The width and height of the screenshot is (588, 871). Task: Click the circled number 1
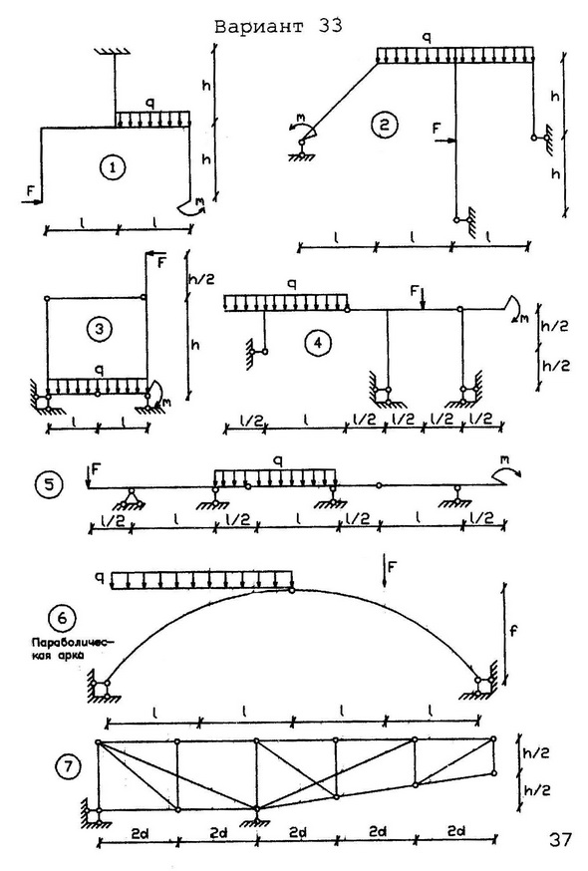(x=114, y=167)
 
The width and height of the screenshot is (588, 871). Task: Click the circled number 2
(x=384, y=125)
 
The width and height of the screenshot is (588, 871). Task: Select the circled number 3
(x=99, y=329)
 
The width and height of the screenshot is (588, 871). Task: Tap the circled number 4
(x=317, y=343)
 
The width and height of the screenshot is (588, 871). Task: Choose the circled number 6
(x=62, y=618)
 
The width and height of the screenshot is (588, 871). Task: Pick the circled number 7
(x=68, y=767)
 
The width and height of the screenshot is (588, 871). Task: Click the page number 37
(x=559, y=839)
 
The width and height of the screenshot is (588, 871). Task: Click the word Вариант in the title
(x=259, y=27)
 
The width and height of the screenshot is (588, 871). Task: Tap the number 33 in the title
(x=331, y=26)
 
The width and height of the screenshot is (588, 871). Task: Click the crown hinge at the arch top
(x=292, y=590)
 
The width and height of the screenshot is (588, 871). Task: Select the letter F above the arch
(x=393, y=567)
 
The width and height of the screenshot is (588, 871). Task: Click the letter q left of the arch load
(x=100, y=579)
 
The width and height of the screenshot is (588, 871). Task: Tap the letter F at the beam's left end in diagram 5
(x=97, y=469)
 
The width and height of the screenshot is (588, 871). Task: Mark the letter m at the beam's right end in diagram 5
(x=504, y=460)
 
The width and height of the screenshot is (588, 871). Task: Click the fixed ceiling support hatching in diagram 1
(x=114, y=52)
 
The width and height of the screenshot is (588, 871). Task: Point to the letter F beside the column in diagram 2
(x=437, y=129)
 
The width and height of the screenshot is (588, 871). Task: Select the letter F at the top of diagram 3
(x=161, y=262)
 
